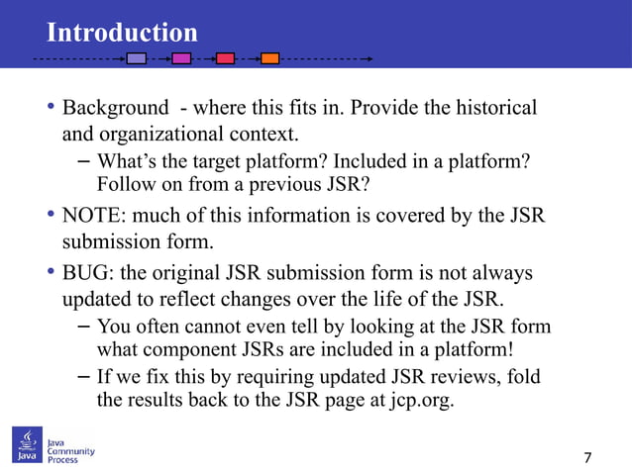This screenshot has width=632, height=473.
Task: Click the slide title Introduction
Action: tap(122, 32)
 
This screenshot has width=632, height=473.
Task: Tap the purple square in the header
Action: tap(137, 58)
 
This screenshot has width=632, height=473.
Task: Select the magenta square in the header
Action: tap(181, 58)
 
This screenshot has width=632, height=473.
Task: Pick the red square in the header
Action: tap(225, 58)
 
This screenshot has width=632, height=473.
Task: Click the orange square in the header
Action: tap(269, 58)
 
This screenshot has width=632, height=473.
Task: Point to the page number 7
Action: tap(588, 457)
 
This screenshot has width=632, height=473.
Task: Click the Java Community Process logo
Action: tap(55, 446)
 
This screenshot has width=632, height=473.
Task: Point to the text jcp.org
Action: tap(420, 402)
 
